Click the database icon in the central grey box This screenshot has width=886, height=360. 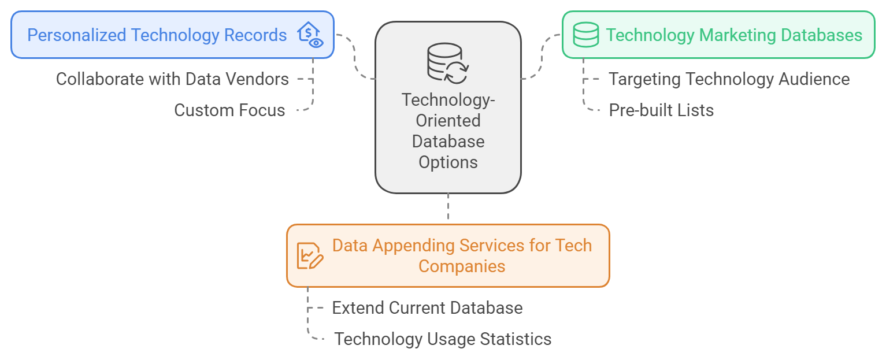pos(447,62)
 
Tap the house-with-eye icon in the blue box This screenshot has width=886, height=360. pos(310,35)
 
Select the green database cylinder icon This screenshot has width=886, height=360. pos(585,35)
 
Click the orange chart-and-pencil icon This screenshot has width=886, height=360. pos(310,255)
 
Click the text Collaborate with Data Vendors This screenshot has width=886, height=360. pos(172,79)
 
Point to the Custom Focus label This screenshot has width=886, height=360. pos(229,110)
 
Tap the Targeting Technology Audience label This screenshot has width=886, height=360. pos(729,79)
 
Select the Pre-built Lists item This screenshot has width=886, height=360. pos(661,110)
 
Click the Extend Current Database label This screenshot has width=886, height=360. pos(427,308)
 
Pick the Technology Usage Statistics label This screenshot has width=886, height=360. pos(443,339)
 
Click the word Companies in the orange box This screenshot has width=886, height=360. pos(462,266)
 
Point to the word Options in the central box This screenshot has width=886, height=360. pos(448,162)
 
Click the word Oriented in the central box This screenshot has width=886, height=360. pos(448,121)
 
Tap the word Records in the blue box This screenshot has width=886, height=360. pos(256,35)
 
